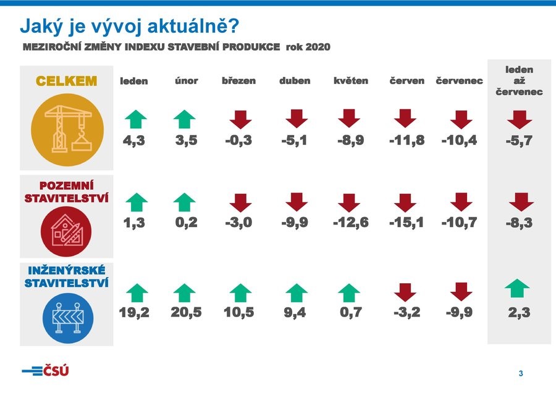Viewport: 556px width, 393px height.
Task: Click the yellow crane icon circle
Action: click(67, 130)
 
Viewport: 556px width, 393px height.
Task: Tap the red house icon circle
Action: click(66, 231)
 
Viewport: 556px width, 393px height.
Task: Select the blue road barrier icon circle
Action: click(68, 318)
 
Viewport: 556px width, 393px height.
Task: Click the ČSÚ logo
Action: click(45, 371)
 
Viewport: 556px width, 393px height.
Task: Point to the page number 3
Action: click(521, 373)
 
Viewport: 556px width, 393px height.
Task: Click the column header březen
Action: click(238, 81)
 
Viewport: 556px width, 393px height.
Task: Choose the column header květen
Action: click(351, 81)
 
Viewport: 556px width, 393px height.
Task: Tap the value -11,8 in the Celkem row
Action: click(406, 140)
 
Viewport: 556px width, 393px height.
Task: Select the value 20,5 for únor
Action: click(186, 312)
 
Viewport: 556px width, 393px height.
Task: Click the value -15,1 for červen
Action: click(406, 222)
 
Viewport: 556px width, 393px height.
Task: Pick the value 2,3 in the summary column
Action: click(519, 312)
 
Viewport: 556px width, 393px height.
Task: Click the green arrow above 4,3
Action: click(136, 119)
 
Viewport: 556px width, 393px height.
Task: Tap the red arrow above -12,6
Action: click(349, 203)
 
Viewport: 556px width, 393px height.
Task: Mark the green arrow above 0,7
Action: click(349, 293)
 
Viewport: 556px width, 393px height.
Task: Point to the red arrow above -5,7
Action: click(520, 120)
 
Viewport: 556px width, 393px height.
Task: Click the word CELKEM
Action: click(66, 81)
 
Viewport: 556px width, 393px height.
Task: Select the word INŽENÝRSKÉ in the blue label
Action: click(67, 270)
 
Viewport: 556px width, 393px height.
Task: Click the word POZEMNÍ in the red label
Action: click(67, 186)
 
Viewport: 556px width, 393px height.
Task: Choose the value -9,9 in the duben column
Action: click(295, 222)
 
